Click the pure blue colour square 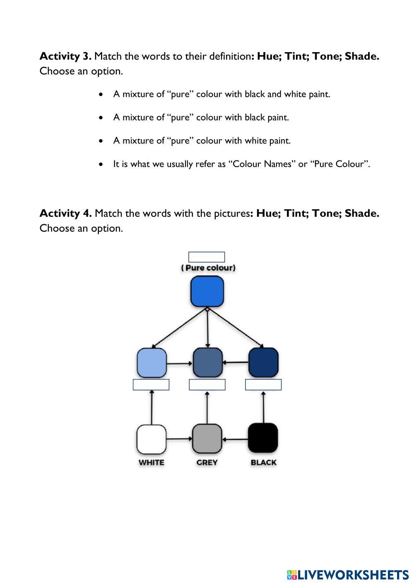coord(207,291)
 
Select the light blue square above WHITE coord(152,362)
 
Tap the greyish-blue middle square coord(207,362)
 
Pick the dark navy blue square coord(263,362)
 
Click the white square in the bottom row coord(152,439)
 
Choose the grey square coord(207,439)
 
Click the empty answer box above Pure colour coord(207,257)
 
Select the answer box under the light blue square coord(151,385)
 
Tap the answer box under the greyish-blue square coord(207,385)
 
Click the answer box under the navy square coord(263,385)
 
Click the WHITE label coord(152,463)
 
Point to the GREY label coord(207,463)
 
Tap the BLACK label coord(263,463)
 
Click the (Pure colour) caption coord(208,268)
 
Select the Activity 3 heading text coord(65,56)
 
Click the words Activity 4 coord(65,213)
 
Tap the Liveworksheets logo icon coord(292,575)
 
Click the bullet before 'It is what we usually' coord(101,164)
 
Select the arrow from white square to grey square coord(179,439)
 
